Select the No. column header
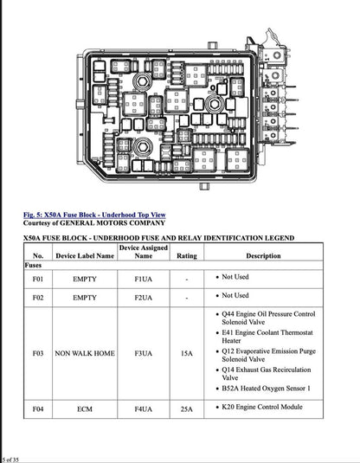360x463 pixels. (x=38, y=256)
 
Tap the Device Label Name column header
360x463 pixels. (x=85, y=256)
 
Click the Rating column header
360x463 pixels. (x=186, y=256)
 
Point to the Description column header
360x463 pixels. (x=263, y=256)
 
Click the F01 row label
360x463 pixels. (x=38, y=280)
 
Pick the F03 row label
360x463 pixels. (x=38, y=354)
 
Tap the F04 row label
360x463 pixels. (x=38, y=408)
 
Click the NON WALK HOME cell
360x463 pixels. (x=85, y=354)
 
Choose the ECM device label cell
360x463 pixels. (x=85, y=408)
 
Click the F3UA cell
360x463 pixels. (x=143, y=354)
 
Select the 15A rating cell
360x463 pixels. (x=186, y=354)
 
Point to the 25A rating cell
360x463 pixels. (x=186, y=408)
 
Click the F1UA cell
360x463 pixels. (x=143, y=280)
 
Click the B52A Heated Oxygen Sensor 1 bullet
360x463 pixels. (x=266, y=389)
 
